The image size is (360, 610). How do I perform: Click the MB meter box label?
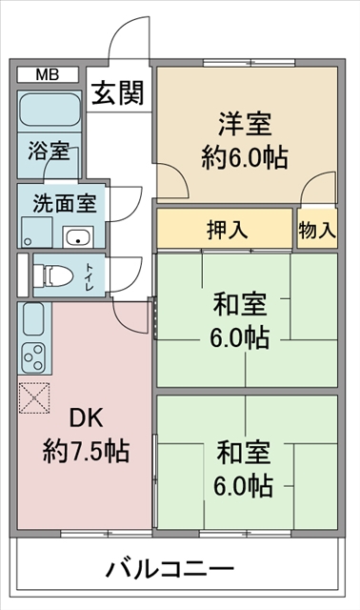tap(48, 74)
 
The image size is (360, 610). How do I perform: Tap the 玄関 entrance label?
tap(118, 93)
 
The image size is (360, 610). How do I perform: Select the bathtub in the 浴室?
tap(50, 110)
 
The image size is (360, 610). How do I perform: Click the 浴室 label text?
tap(49, 152)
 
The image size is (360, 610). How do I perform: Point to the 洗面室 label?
tap(65, 203)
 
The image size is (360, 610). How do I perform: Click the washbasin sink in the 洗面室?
tap(78, 237)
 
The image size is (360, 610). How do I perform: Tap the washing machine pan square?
tap(36, 232)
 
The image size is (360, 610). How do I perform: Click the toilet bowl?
tap(53, 275)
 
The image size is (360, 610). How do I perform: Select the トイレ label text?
tap(90, 277)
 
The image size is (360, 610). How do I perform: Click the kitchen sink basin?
tap(33, 319)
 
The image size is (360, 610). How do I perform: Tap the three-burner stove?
tap(33, 357)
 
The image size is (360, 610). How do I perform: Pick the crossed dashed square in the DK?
tap(34, 398)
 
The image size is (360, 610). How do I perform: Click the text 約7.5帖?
tap(86, 451)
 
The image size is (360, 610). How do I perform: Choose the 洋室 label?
tap(245, 124)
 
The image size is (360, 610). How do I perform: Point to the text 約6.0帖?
tap(245, 157)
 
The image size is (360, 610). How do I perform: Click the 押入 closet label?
tap(227, 229)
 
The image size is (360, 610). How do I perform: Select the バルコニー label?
tap(170, 570)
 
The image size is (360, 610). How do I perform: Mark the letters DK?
tap(86, 417)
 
